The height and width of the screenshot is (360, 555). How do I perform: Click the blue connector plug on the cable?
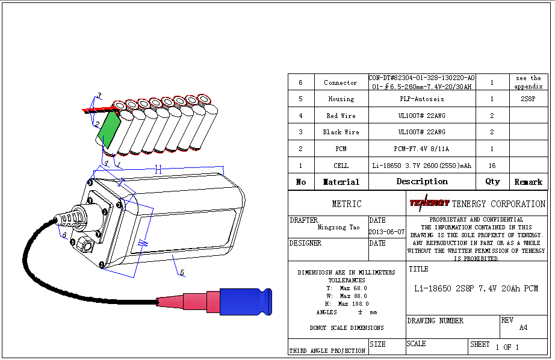tap(246, 301)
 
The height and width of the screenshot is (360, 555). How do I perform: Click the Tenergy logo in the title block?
tap(429, 203)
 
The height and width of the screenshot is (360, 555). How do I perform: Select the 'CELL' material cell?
tap(341, 166)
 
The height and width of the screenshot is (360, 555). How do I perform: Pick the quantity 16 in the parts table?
tap(492, 166)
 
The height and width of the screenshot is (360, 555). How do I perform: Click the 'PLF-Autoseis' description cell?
tap(422, 99)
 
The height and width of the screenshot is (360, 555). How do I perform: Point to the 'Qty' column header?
tap(492, 181)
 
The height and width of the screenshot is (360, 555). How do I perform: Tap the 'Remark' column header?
tap(528, 182)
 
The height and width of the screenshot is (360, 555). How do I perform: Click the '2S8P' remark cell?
tap(528, 99)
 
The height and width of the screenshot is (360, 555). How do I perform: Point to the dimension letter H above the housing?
tap(158, 170)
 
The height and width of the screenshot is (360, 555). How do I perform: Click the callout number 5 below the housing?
tap(182, 273)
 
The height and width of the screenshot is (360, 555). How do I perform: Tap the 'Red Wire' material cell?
tap(341, 116)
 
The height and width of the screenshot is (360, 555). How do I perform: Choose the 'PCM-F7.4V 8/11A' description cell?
tap(422, 149)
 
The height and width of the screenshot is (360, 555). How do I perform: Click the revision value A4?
tap(523, 328)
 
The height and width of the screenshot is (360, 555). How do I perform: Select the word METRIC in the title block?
tap(347, 204)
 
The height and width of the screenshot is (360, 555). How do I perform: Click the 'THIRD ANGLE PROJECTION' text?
tap(327, 350)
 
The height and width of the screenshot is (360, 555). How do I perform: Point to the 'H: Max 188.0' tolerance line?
tap(346, 304)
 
